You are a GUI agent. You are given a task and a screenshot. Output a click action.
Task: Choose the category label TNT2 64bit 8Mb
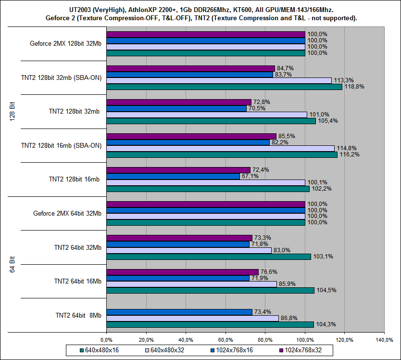(77, 315)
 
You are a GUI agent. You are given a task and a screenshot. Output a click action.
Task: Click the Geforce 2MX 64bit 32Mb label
(67, 213)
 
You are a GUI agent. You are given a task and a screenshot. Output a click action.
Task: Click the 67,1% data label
(250, 176)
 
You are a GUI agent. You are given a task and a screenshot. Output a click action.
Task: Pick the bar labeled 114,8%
(220, 148)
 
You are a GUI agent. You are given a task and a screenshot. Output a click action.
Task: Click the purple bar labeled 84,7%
(190, 68)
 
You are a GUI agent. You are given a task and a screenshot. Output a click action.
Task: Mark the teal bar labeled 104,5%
(210, 290)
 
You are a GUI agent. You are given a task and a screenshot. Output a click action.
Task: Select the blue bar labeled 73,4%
(179, 312)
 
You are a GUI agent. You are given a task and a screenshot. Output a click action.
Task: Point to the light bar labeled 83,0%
(188, 250)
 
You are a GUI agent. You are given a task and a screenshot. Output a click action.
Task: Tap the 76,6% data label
(269, 272)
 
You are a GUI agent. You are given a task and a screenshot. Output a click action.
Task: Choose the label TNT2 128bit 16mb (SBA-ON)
(62, 145)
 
